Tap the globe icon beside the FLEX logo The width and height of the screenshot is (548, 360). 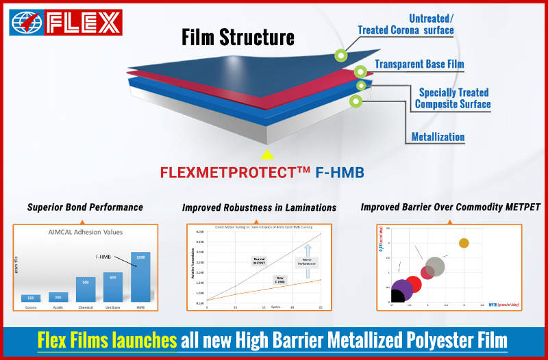tap(27, 23)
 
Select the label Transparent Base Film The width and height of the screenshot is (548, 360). tap(419, 64)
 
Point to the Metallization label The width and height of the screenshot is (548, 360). tap(438, 137)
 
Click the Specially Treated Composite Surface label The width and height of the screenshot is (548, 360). tap(453, 98)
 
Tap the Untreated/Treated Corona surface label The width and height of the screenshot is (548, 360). tap(406, 24)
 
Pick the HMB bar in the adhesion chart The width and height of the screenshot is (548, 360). tap(140, 277)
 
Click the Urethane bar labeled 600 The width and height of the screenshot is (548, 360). tap(112, 287)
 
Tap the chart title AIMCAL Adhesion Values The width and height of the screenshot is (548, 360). tap(85, 231)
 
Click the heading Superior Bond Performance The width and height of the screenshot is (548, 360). tap(85, 207)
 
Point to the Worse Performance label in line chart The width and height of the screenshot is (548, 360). tap(306, 261)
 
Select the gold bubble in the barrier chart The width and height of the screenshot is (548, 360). tap(464, 243)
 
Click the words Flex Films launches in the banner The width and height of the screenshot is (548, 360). tap(108, 339)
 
